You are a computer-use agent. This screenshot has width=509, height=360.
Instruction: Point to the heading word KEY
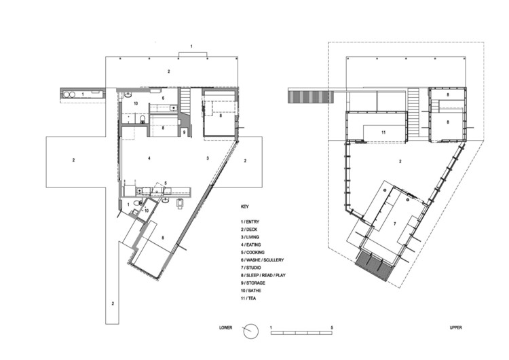coord(245,206)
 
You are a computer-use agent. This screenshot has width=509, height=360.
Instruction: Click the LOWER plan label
coord(226,327)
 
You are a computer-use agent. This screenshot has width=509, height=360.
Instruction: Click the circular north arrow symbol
coord(251,331)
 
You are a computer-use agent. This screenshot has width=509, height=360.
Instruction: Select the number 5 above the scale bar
coord(332,327)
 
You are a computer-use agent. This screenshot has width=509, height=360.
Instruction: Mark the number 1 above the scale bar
coord(271,327)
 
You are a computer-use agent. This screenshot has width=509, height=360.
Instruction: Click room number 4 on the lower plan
coord(148,158)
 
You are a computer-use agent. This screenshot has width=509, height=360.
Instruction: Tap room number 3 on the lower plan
coord(208,158)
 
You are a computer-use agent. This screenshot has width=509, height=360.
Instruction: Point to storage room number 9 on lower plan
coord(184,130)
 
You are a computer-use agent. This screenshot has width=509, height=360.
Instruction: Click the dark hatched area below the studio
coord(374,267)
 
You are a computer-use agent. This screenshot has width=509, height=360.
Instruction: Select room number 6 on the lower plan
coord(164,98)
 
